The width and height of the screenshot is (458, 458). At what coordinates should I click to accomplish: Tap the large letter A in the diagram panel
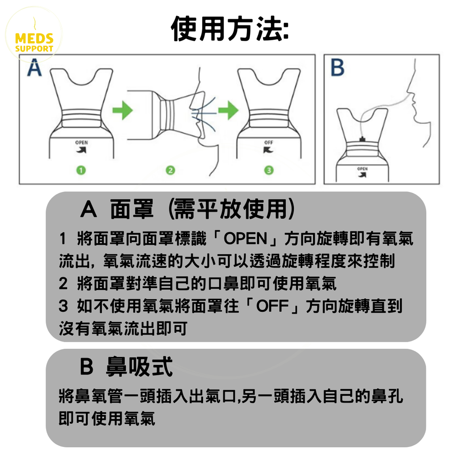click(34, 69)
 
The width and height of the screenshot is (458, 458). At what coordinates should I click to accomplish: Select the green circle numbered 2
click(170, 170)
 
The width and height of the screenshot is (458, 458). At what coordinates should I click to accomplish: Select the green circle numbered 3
click(268, 170)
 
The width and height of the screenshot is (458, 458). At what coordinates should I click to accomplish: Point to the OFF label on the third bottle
click(269, 143)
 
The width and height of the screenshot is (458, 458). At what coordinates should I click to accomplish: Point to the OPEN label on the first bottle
click(82, 143)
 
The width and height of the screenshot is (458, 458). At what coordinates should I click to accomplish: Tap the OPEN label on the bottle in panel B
click(363, 169)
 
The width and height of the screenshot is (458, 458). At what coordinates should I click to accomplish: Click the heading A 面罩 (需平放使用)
click(187, 210)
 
